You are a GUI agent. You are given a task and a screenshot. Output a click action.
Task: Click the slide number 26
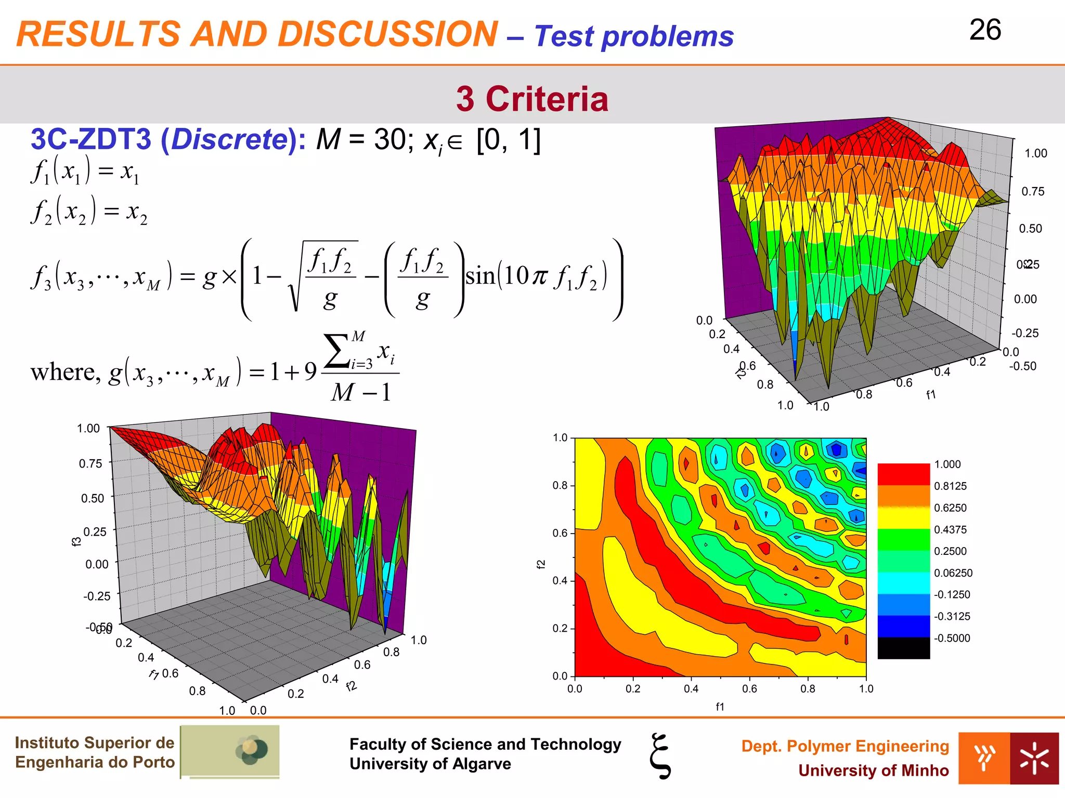[x=985, y=30]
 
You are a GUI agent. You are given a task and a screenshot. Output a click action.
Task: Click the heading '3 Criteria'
[x=532, y=99]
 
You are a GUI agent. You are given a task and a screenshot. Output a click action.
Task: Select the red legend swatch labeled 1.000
[x=903, y=474]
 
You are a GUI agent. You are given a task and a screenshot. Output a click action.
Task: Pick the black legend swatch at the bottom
[x=903, y=648]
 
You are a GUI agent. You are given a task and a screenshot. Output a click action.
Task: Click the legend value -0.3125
[x=952, y=616]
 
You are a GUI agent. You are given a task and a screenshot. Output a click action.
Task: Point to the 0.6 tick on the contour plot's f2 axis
[x=560, y=533]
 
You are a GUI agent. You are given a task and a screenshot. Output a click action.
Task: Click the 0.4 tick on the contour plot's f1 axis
[x=691, y=689]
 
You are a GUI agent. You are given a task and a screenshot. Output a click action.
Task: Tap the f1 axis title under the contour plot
[x=720, y=707]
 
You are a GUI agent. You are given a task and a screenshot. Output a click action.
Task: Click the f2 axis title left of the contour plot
[x=541, y=564]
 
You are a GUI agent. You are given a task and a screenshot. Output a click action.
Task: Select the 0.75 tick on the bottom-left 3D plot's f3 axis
[x=90, y=463]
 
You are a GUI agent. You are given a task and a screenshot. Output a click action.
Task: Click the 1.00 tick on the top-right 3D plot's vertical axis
[x=1035, y=153]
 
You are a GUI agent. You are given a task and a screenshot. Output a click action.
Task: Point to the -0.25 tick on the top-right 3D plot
[x=1024, y=333]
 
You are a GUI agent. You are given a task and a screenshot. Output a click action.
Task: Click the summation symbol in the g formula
[x=337, y=352]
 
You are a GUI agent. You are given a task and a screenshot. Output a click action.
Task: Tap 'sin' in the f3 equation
[x=480, y=276]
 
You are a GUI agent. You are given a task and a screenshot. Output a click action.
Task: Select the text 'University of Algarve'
[x=430, y=764]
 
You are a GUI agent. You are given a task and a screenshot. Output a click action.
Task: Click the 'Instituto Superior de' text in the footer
[x=95, y=742]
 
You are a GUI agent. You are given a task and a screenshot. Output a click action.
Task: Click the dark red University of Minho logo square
[x=1034, y=758]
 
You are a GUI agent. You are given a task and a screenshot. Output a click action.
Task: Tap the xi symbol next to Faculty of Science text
[x=660, y=756]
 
